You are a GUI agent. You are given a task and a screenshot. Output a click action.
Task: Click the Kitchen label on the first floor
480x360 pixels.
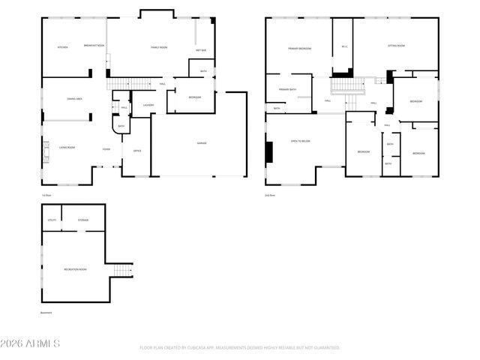(63, 47)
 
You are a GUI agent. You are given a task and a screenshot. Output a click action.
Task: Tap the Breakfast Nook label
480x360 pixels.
(94, 46)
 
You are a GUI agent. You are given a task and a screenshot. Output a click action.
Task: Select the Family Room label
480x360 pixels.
(158, 47)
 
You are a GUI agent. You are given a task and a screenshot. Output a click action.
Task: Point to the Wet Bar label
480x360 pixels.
(201, 50)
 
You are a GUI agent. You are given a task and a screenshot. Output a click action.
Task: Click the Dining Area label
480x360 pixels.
(74, 98)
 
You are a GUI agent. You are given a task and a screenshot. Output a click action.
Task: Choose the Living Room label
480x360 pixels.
(67, 148)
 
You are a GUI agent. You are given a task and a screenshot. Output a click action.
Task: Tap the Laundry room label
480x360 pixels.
(148, 105)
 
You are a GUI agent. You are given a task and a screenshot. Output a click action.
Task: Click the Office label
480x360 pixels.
(137, 151)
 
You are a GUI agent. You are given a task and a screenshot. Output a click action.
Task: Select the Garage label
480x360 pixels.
(202, 142)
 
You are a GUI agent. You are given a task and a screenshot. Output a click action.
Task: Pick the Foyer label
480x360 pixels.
(107, 149)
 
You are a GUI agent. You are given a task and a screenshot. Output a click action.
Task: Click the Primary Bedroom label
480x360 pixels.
(299, 48)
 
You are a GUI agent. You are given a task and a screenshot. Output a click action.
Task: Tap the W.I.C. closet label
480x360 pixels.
(344, 46)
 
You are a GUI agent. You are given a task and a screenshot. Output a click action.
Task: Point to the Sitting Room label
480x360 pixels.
(397, 46)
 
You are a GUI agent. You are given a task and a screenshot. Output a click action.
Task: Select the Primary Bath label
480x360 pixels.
(287, 90)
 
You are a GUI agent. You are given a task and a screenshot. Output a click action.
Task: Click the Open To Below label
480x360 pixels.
(300, 140)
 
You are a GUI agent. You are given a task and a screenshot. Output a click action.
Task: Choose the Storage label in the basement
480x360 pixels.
(82, 220)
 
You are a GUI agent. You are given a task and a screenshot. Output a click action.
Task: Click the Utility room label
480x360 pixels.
(52, 220)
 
